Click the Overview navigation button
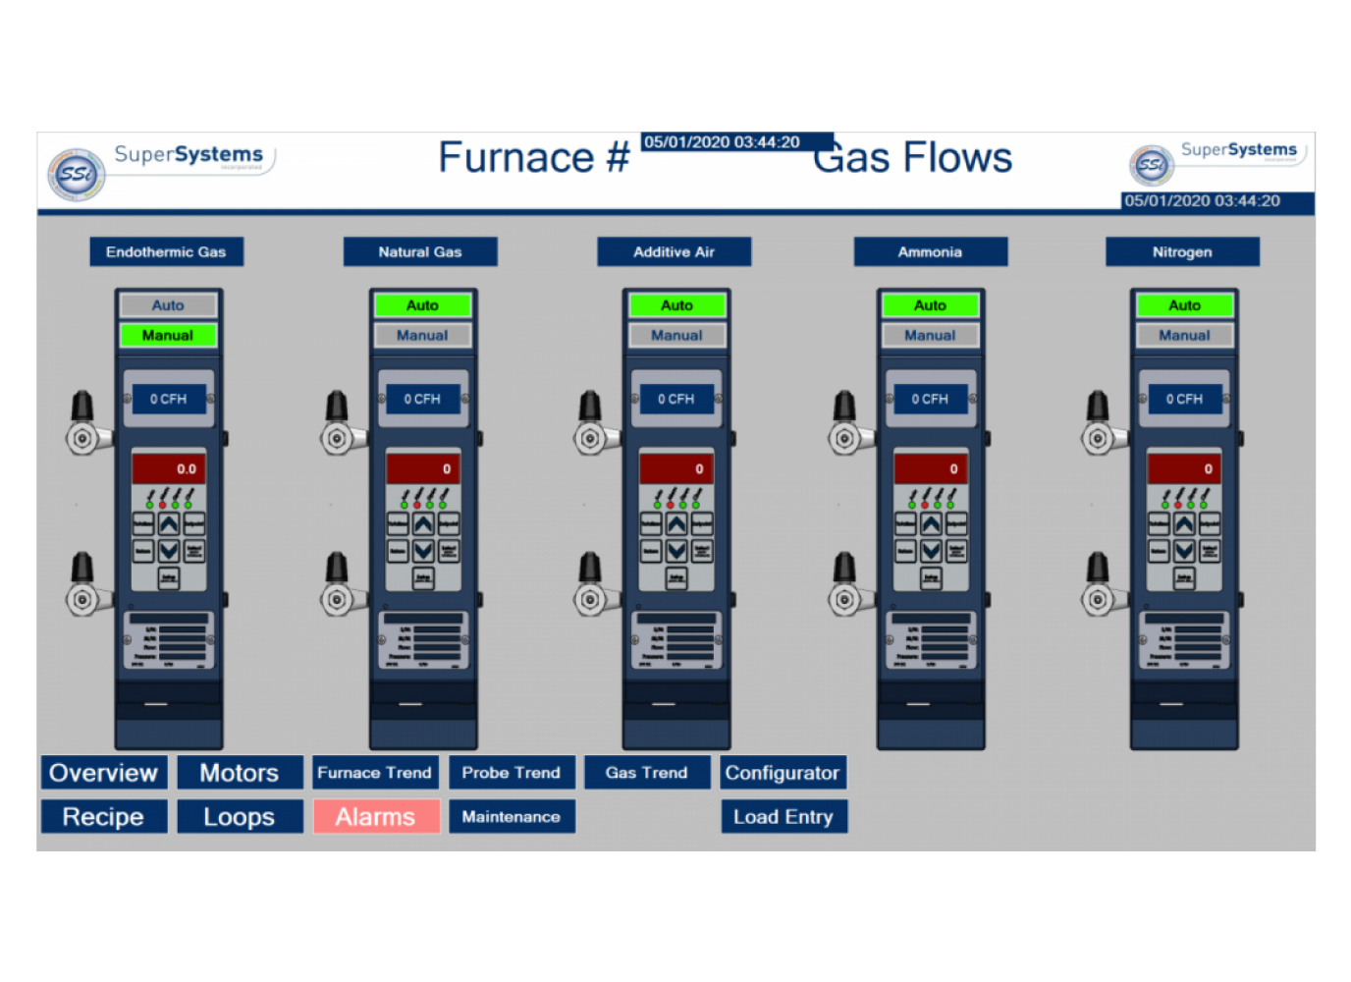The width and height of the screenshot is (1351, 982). (104, 773)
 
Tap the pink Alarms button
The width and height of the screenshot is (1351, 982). (376, 817)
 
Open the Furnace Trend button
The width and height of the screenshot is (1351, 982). (375, 773)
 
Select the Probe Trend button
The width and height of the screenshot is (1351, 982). (512, 773)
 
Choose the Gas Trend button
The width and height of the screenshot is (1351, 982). (647, 773)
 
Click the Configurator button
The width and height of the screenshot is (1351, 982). (783, 773)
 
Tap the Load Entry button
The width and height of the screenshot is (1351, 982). (784, 817)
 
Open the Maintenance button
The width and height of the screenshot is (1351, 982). (512, 817)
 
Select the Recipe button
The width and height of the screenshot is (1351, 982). (104, 817)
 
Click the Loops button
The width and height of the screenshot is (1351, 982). (240, 817)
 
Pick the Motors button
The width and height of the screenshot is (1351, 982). (240, 773)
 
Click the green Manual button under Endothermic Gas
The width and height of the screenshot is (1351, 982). (168, 336)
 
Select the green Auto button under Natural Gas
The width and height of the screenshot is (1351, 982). (422, 306)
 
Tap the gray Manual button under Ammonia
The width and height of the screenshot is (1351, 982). (930, 336)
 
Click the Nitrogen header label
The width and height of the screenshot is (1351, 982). (1182, 252)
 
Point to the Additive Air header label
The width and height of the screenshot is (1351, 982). (675, 252)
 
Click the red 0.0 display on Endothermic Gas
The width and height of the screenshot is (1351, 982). (169, 469)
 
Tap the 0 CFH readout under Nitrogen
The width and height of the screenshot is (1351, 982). (1184, 400)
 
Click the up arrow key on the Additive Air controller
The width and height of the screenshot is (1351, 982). (676, 524)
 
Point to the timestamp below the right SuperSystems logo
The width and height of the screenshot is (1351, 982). (1203, 201)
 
